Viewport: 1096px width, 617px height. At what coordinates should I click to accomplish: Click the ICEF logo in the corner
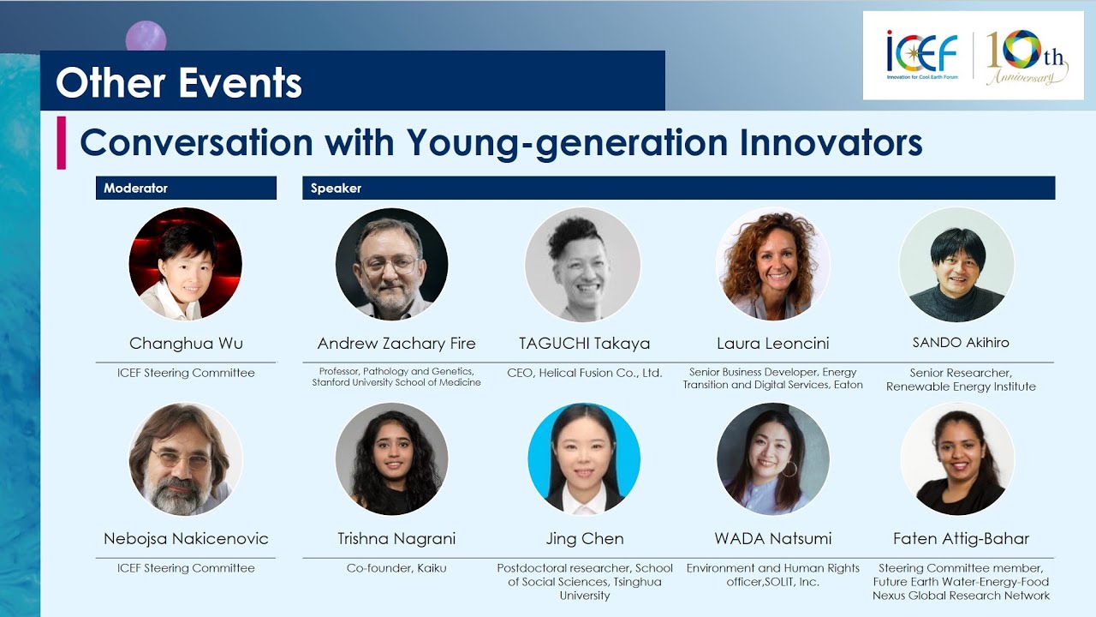(922, 55)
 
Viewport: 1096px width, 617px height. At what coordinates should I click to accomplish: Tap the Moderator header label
(135, 188)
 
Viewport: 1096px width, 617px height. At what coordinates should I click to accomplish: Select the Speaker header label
(336, 188)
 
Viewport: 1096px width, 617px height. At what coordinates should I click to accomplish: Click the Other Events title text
(179, 82)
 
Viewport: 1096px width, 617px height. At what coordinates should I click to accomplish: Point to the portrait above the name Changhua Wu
(186, 263)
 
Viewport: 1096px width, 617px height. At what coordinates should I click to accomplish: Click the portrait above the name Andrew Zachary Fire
(392, 263)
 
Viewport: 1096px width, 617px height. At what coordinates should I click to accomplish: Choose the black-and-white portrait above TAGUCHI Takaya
(583, 264)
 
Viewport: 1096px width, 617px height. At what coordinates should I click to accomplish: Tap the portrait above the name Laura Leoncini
(773, 263)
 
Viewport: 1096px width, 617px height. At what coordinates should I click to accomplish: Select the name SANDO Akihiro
(961, 342)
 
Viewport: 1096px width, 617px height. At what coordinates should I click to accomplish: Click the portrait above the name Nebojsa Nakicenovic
(186, 459)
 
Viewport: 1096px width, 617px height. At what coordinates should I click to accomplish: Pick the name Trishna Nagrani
(396, 539)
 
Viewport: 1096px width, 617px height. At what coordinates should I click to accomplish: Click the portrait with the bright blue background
(584, 459)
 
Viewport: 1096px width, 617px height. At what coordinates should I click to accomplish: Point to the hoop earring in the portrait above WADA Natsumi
(789, 469)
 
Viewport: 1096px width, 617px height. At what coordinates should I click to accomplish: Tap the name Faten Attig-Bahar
(961, 539)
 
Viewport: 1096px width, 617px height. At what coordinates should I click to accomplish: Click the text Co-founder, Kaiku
(396, 568)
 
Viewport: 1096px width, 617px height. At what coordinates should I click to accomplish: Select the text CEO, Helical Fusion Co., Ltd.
(584, 373)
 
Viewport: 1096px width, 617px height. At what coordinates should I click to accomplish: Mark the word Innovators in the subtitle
(831, 142)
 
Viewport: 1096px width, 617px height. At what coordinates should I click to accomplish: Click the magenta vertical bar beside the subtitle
(61, 142)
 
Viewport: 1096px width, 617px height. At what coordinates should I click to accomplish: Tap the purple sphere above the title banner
(146, 37)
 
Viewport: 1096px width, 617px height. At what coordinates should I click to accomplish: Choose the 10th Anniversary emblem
(1027, 57)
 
